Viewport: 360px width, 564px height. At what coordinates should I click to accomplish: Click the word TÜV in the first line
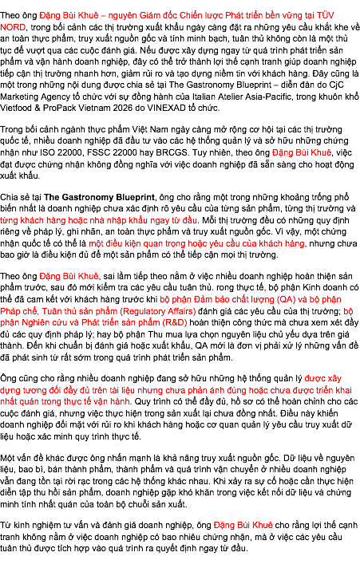click(325, 15)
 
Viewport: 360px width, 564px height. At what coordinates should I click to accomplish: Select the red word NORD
click(13, 27)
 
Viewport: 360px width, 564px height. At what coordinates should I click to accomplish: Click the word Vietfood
click(16, 108)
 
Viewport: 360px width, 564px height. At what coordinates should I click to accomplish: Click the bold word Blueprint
click(134, 197)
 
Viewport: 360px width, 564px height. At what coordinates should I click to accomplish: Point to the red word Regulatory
click(143, 311)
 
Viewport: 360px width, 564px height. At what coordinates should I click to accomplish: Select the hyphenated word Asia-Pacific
click(268, 97)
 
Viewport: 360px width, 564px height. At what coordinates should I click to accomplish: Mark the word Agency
click(57, 97)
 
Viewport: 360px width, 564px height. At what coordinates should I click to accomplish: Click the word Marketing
click(21, 97)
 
